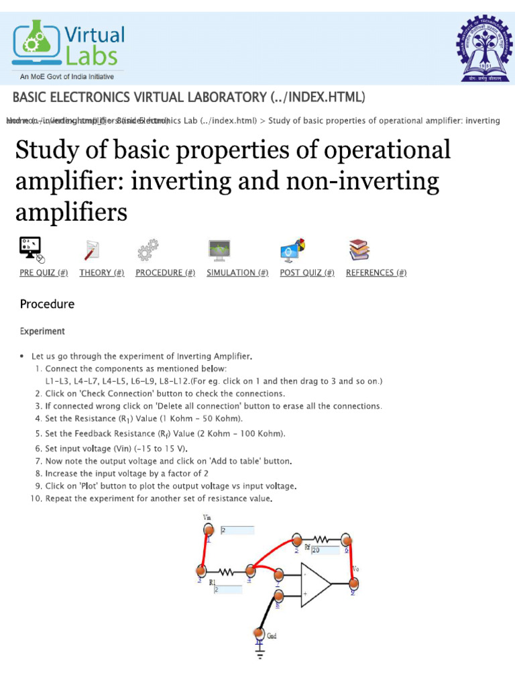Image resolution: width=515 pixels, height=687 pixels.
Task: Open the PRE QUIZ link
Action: coord(44,272)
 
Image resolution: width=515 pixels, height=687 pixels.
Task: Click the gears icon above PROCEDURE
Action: coord(148,250)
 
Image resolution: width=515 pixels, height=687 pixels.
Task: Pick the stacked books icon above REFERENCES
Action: coord(359,250)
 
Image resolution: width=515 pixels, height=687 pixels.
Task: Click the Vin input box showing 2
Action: coord(237,530)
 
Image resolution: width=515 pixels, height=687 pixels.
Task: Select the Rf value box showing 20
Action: coord(325,550)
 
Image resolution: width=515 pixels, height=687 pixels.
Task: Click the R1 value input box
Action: coord(228,589)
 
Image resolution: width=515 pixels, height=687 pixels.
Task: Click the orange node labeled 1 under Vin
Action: coord(208,531)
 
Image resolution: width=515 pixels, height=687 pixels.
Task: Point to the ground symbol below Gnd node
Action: coord(260,651)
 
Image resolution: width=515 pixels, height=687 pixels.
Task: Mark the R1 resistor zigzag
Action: coord(225,572)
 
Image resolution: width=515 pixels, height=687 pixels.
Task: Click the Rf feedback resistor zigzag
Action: coord(320,539)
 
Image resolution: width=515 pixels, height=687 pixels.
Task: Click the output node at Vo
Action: coord(353,588)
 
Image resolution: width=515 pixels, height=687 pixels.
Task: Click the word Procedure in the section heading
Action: coord(47,304)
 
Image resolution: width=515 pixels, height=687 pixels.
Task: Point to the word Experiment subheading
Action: coord(42,331)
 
